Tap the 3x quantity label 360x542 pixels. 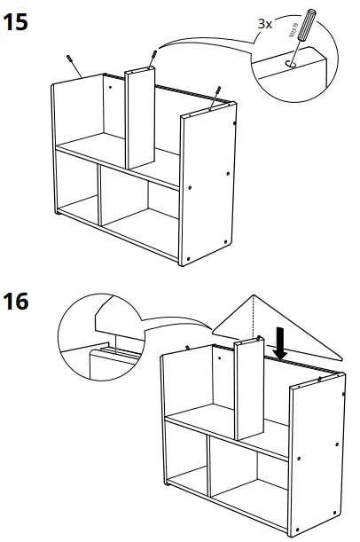264,24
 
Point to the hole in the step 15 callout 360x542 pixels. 292,64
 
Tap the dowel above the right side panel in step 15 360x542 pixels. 215,97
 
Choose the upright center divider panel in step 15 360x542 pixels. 137,120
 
